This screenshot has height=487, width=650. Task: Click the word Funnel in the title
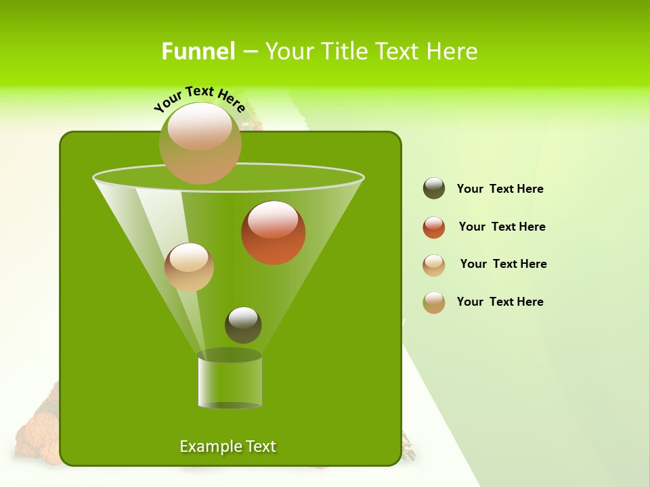point(198,51)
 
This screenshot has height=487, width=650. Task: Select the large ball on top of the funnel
point(200,143)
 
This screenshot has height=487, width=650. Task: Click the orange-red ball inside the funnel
point(273,233)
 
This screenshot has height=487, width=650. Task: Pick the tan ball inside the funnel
point(189,267)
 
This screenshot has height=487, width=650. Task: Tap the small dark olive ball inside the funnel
point(243,325)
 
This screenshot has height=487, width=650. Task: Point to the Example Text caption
point(227,446)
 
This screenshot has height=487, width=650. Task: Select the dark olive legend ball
point(434,189)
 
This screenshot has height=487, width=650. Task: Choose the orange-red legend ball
point(434,227)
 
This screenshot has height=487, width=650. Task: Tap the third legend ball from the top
point(434,265)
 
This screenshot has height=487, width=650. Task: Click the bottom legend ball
point(434,302)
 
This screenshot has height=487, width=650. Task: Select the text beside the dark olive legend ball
point(500,189)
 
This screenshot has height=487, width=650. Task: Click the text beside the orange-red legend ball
point(502,227)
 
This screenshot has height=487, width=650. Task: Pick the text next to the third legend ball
point(503,264)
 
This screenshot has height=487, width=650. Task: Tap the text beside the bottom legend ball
point(500,302)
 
